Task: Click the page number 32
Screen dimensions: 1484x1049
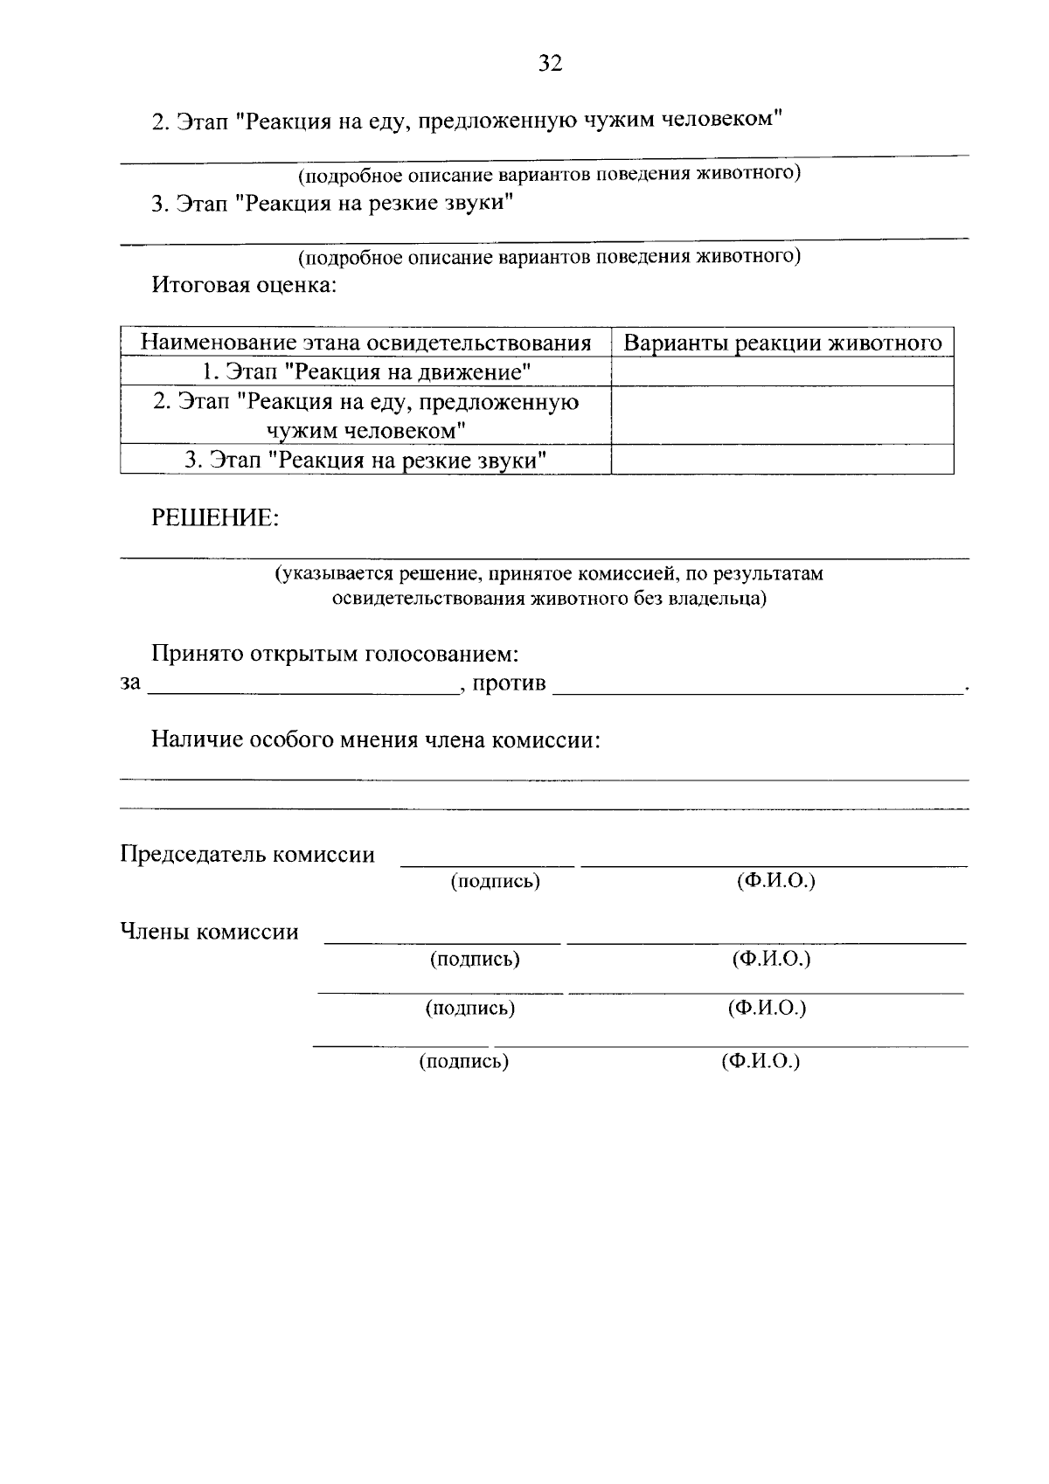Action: pyautogui.click(x=550, y=63)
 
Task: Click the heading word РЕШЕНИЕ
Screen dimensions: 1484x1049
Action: pyautogui.click(x=215, y=518)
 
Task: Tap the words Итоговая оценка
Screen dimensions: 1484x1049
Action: pyautogui.click(x=244, y=285)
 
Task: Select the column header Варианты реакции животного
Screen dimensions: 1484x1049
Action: pyautogui.click(x=782, y=343)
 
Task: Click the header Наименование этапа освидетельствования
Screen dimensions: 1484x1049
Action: pyautogui.click(x=366, y=343)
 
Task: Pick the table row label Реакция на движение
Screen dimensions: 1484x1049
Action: pyautogui.click(x=366, y=372)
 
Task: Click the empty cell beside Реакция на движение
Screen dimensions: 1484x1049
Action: pyautogui.click(x=782, y=372)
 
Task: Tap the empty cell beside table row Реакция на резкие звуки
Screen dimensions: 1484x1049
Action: pyautogui.click(x=782, y=460)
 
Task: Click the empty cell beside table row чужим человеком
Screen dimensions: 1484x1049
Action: pyautogui.click(x=782, y=416)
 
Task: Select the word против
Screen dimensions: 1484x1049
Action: pyautogui.click(x=509, y=683)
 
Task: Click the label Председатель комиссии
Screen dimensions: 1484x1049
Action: pyautogui.click(x=247, y=854)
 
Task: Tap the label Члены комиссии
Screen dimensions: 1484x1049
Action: pyautogui.click(x=209, y=932)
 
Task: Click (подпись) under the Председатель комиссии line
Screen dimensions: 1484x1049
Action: pyautogui.click(x=496, y=881)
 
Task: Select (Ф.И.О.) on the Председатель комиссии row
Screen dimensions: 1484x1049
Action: pyautogui.click(x=775, y=880)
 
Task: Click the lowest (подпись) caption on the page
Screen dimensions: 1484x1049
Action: pyautogui.click(x=463, y=1062)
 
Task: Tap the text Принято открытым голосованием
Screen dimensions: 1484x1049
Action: pyautogui.click(x=335, y=654)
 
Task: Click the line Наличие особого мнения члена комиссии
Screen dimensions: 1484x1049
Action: pyautogui.click(x=376, y=740)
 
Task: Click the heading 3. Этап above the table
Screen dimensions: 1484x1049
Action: pyautogui.click(x=331, y=204)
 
